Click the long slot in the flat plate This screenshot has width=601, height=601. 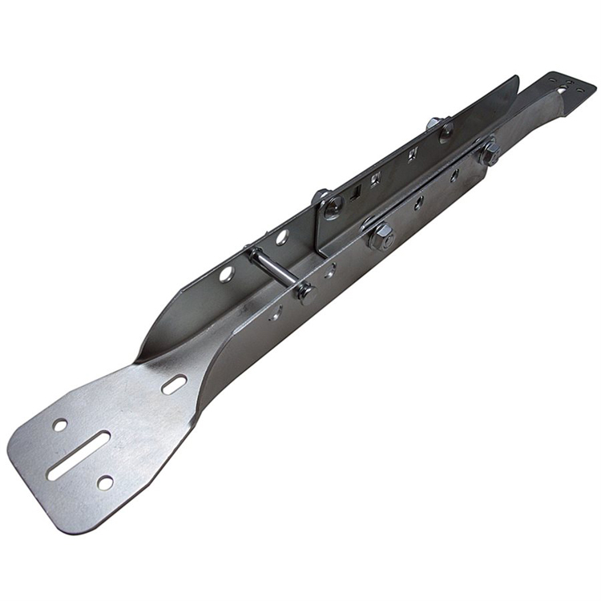click(x=79, y=455)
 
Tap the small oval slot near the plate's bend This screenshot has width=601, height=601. click(x=174, y=385)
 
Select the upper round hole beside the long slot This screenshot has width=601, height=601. click(x=60, y=425)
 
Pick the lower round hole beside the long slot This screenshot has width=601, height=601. click(x=105, y=482)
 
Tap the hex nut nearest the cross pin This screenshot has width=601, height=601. click(x=381, y=234)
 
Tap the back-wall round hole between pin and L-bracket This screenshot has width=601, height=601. click(x=282, y=237)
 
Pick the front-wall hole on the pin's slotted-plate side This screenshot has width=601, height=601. click(x=275, y=313)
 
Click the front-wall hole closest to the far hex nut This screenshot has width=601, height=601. click(x=454, y=176)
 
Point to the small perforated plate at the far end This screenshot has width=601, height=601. click(x=571, y=87)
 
